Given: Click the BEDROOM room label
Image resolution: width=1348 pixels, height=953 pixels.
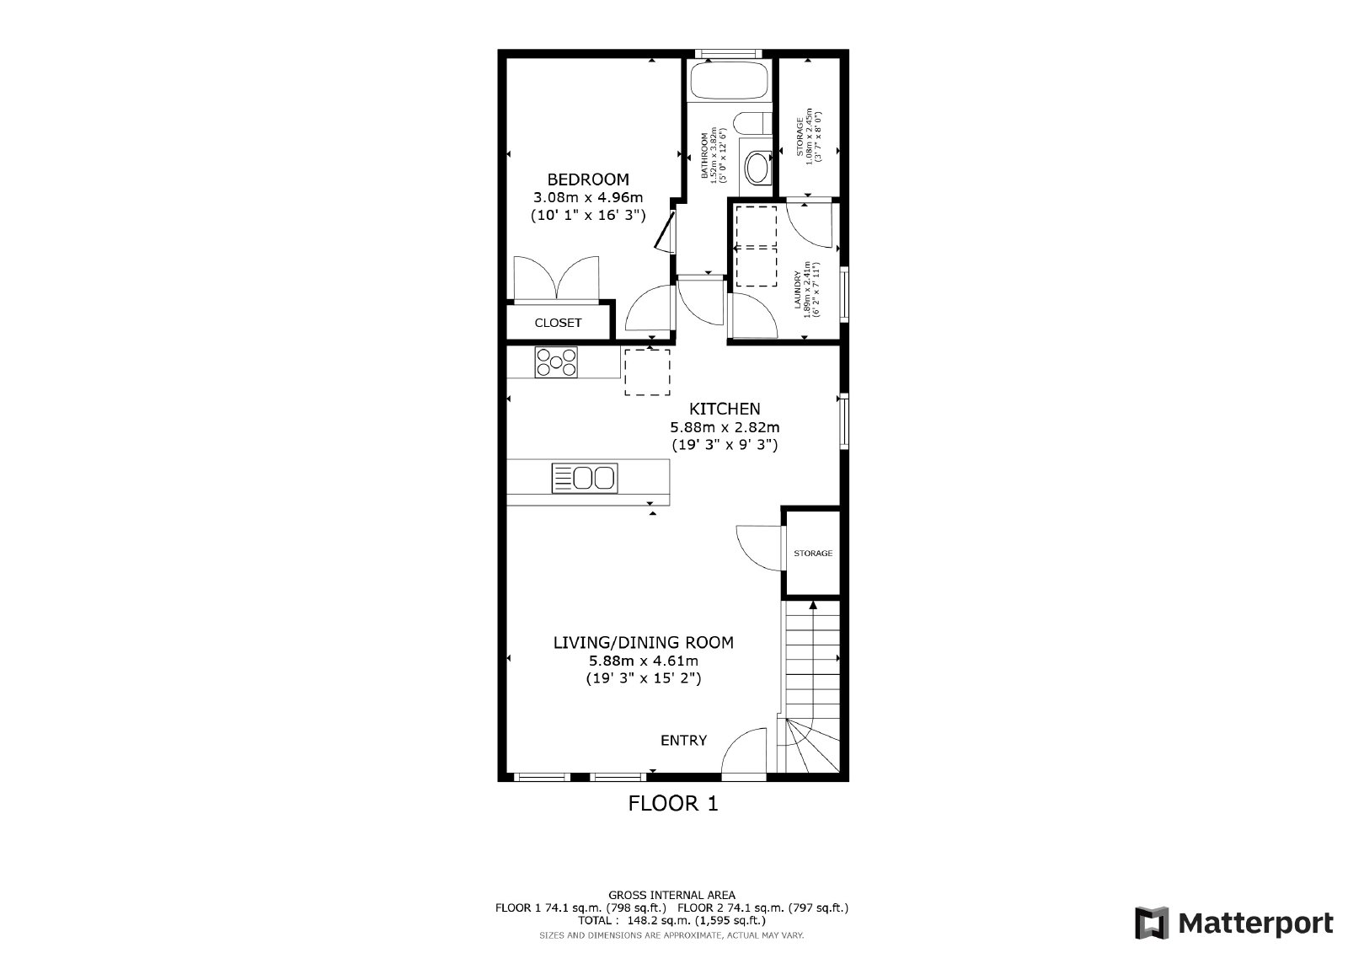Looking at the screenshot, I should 588,179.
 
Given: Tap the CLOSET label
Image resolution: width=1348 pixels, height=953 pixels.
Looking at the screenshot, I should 558,323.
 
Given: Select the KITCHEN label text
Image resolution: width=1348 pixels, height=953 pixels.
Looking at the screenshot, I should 725,409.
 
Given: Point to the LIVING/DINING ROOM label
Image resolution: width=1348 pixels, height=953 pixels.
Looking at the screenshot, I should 643,642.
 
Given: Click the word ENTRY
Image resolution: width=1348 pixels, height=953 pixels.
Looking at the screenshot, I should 683,741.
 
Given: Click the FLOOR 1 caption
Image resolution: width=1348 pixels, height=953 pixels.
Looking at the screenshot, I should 673,804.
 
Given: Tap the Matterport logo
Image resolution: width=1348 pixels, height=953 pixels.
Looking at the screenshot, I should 1233,923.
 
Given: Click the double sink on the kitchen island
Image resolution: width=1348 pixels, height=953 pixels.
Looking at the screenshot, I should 585,478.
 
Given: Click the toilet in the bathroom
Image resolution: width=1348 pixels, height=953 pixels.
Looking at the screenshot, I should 757,167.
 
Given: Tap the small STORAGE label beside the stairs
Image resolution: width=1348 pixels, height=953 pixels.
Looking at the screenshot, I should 813,554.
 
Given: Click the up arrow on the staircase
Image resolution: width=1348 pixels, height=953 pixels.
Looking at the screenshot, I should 813,604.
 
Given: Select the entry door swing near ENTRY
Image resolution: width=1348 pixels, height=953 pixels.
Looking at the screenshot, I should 743,754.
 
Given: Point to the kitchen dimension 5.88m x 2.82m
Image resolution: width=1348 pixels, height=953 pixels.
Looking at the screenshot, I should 725,426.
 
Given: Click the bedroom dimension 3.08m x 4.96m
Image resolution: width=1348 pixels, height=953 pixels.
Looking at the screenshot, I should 588,198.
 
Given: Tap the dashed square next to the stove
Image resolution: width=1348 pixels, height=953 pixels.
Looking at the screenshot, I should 648,372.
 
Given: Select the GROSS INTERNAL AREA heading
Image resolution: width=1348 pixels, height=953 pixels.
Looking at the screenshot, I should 671,895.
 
